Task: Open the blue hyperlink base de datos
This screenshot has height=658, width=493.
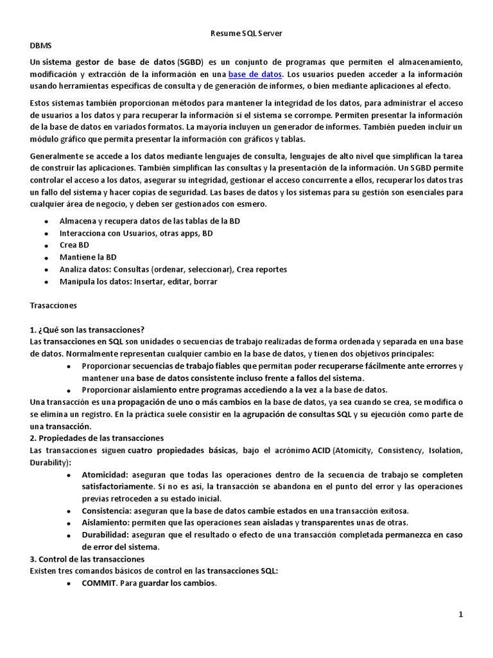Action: [255, 74]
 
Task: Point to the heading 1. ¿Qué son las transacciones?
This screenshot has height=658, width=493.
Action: [87, 330]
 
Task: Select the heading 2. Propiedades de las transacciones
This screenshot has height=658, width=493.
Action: [97, 438]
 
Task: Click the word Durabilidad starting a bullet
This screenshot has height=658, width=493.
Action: [105, 535]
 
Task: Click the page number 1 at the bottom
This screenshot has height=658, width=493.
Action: [461, 615]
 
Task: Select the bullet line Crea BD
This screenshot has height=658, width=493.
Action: [74, 245]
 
